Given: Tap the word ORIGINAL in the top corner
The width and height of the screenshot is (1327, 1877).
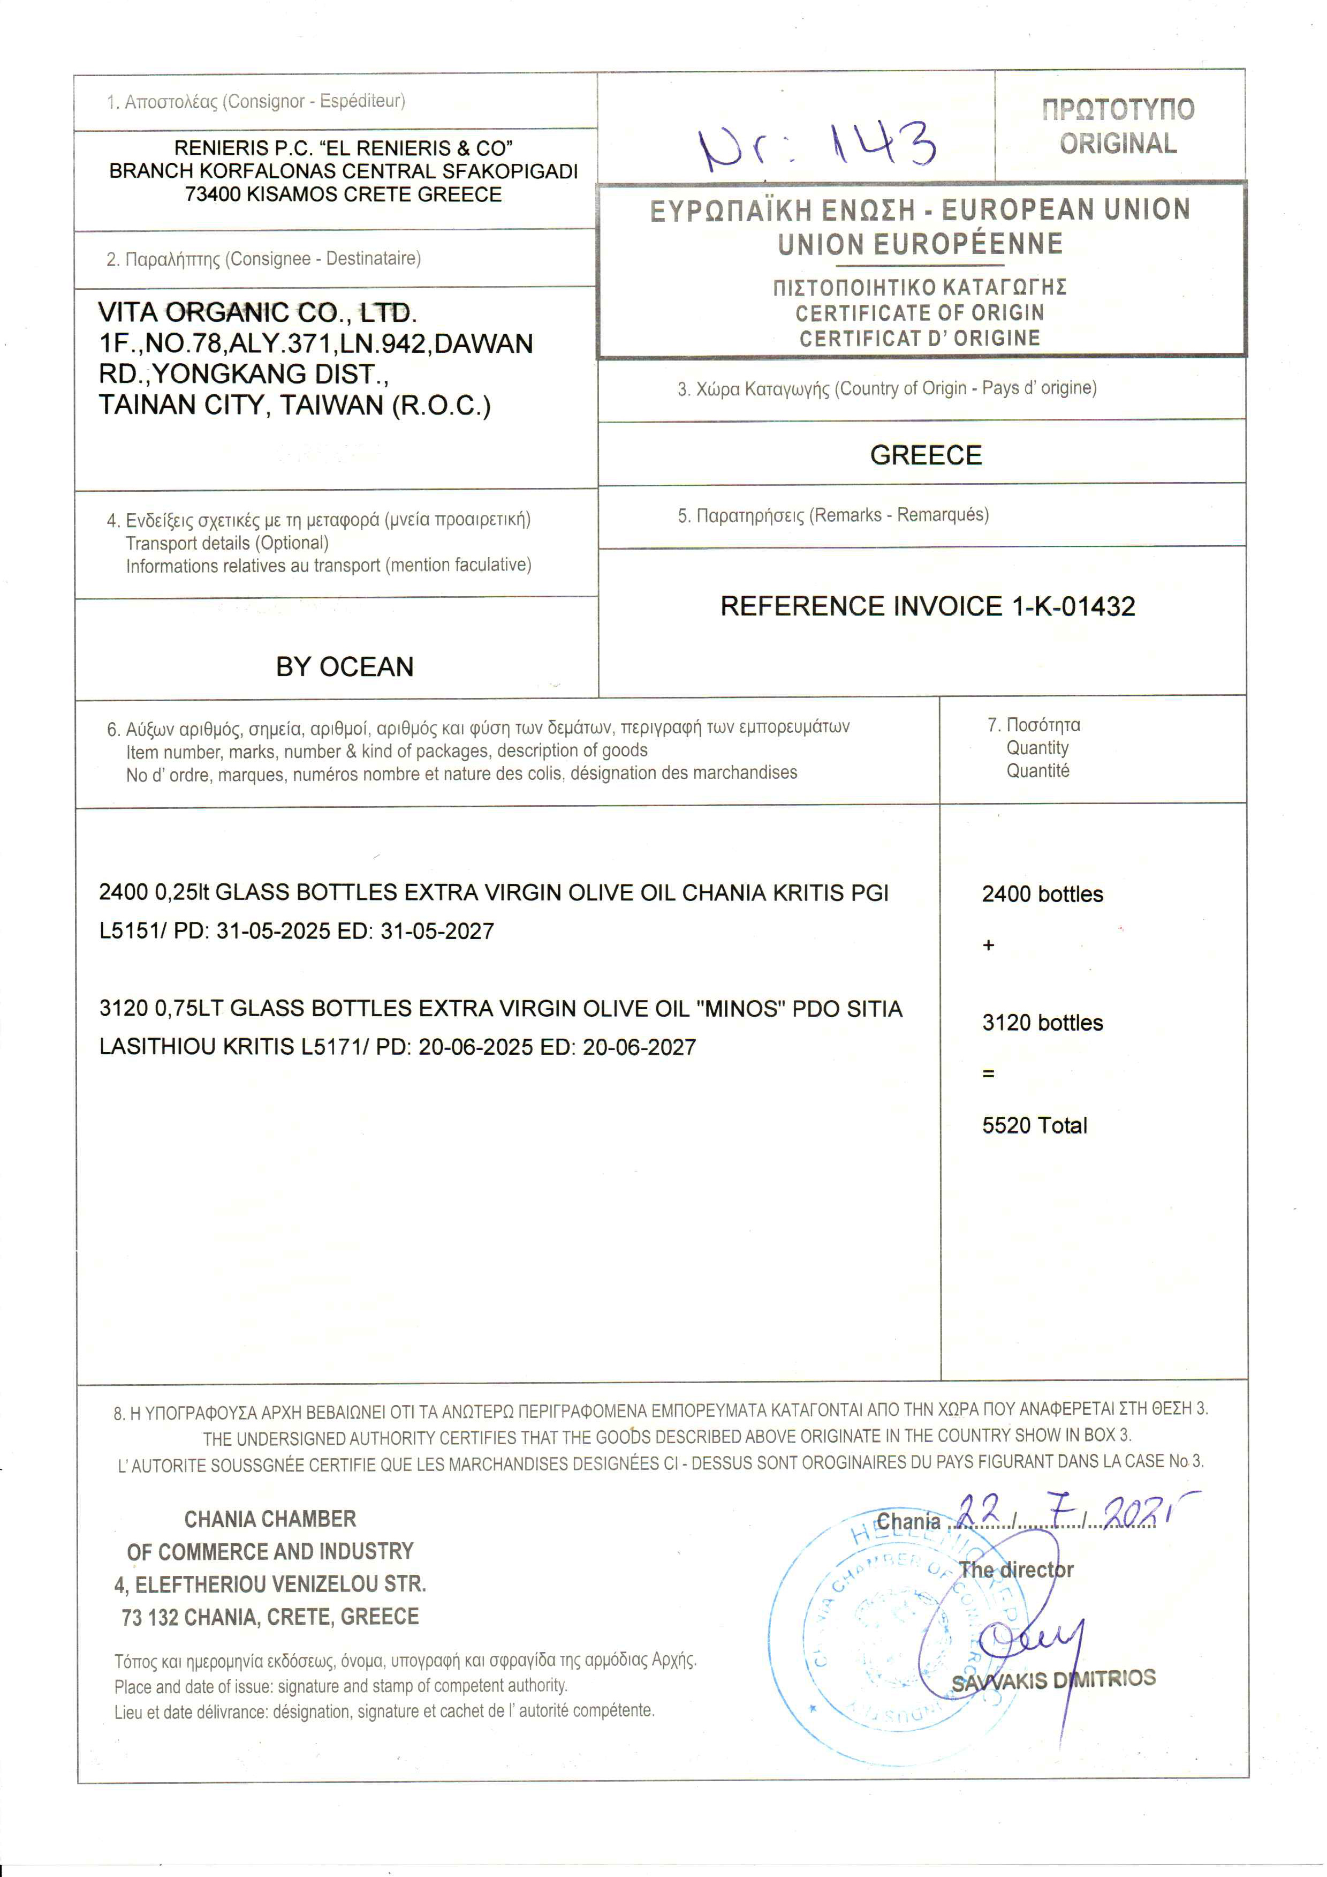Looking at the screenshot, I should point(1118,144).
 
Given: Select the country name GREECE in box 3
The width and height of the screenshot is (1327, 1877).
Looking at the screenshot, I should point(925,455).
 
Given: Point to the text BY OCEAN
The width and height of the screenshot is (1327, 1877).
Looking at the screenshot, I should point(344,666).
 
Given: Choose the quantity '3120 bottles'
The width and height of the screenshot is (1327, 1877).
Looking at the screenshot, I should point(1042,1022).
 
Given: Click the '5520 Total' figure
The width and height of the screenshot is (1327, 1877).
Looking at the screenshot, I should point(1035,1125).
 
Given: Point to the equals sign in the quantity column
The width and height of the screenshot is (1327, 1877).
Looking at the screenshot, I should point(988,1073).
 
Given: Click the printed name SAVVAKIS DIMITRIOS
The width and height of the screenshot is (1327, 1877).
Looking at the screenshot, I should point(1053,1680).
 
